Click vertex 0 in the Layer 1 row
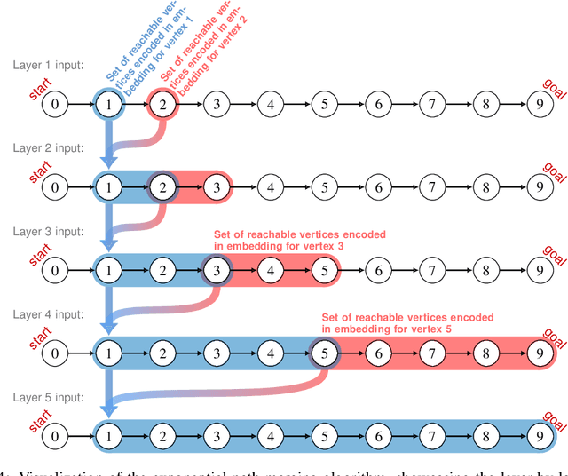coord(55,105)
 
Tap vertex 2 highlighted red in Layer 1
coord(162,105)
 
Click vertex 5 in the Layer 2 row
coord(325,187)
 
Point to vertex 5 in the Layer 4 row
coord(325,353)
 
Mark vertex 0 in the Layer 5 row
coord(55,436)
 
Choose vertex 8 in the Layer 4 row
coord(486,353)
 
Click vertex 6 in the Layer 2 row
coord(379,187)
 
